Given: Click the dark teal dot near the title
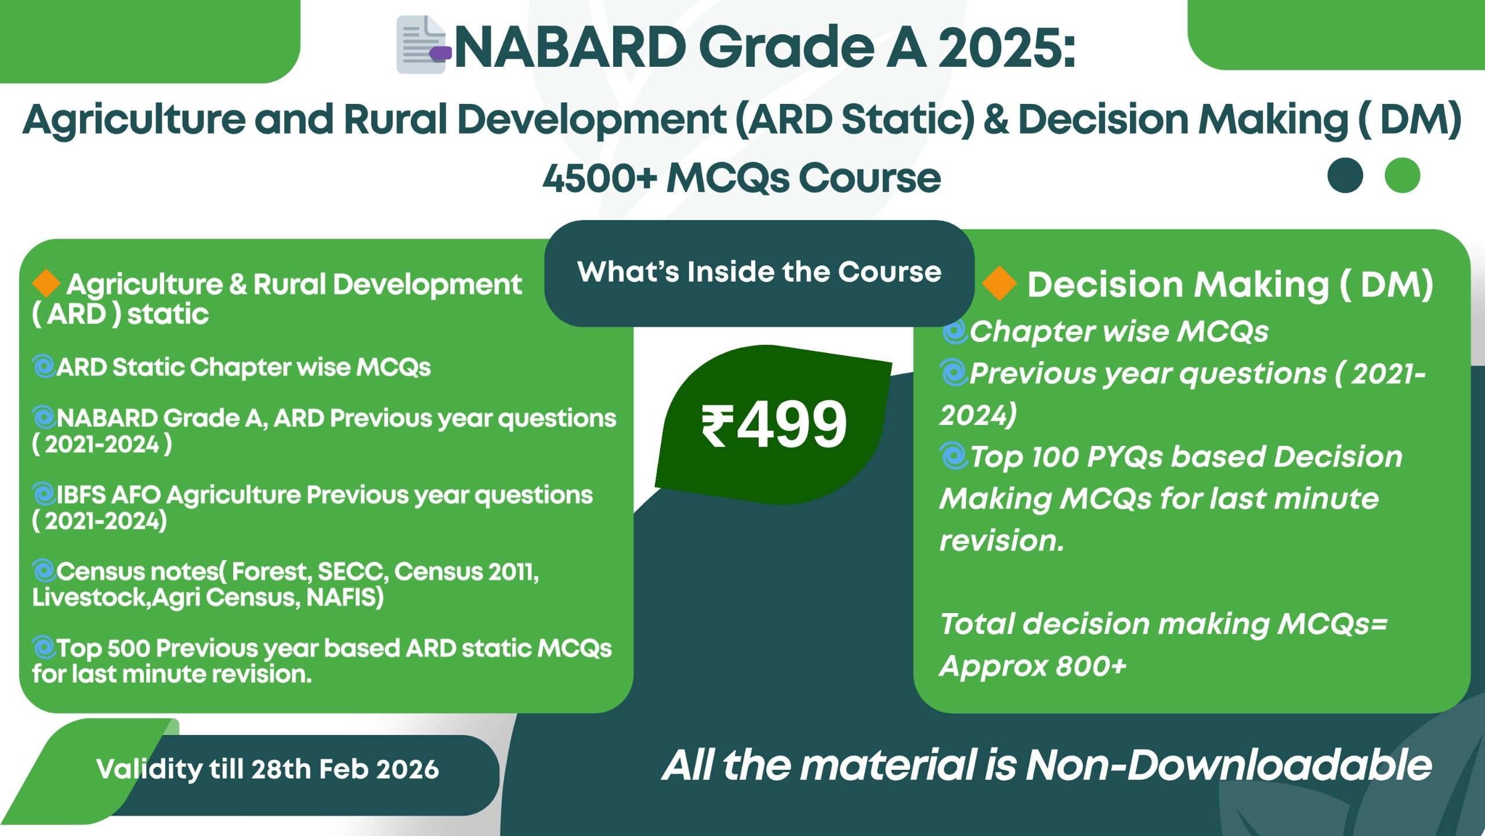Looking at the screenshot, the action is pos(1345,175).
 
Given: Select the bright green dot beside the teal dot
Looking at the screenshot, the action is pos(1402,175).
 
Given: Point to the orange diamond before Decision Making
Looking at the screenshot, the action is pos(999,283).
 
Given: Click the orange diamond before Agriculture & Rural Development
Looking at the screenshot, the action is pos(46,283).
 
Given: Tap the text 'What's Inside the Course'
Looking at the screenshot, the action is pos(759,272).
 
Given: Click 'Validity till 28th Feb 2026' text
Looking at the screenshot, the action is pos(267,769).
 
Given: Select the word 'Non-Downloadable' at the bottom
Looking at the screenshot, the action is pos(1229,765).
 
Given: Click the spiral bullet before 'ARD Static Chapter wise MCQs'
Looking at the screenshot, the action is pos(44,367).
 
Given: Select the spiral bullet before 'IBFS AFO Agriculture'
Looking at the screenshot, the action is pos(44,495).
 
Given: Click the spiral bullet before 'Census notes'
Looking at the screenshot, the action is pos(44,571).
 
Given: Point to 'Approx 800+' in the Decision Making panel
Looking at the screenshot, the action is pos(1033,666).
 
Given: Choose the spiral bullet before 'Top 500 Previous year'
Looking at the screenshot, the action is pos(44,648).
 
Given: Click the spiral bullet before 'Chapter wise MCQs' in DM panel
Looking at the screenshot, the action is pos(954,331).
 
